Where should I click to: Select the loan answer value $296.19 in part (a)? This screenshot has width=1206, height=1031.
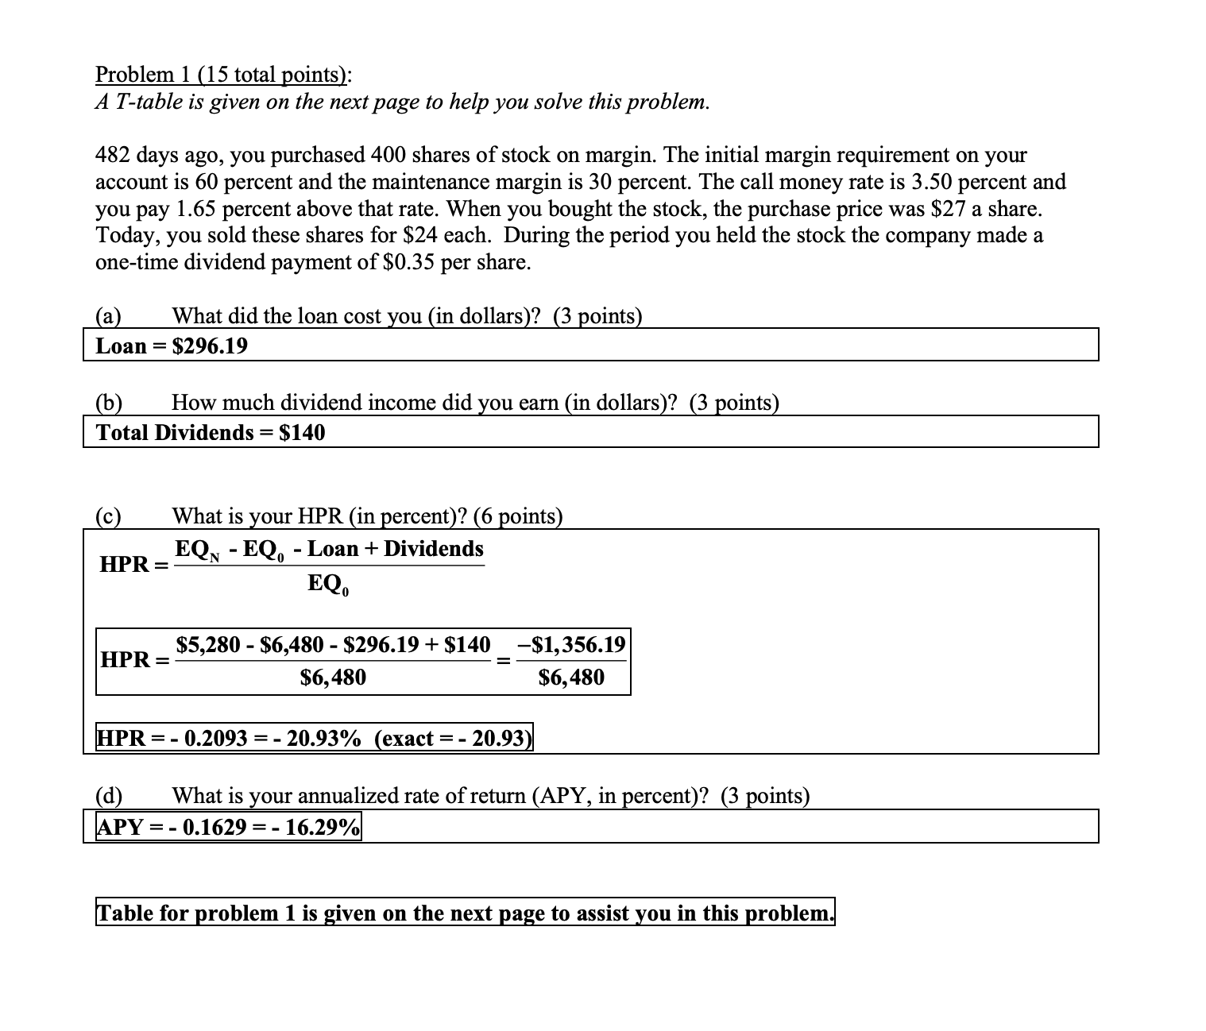pos(210,346)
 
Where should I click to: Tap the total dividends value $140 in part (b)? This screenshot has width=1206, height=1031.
pos(302,433)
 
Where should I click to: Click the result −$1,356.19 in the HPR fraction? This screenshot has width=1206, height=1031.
pos(571,644)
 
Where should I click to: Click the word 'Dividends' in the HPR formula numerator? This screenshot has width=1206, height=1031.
pos(434,549)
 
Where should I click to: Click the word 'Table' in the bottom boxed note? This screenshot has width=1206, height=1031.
pos(125,913)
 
